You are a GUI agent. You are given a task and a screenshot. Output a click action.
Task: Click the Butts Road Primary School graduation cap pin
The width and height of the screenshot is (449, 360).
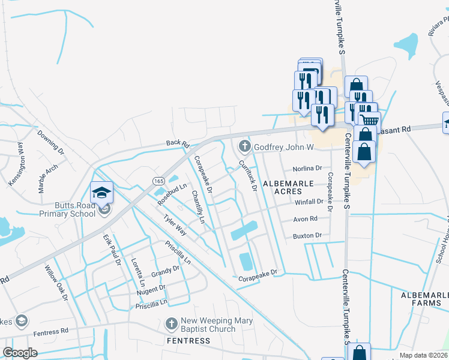point(102,193)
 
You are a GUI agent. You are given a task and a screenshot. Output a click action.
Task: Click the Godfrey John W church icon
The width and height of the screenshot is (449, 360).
point(244,146)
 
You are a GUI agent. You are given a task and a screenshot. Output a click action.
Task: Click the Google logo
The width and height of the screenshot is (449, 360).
point(20,353)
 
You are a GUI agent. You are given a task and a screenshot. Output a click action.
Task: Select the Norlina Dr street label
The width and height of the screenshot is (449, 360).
point(307,169)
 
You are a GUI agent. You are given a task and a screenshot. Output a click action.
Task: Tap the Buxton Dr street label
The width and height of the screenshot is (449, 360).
point(307,236)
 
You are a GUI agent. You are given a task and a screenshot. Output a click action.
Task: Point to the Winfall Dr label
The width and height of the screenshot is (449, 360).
point(309,202)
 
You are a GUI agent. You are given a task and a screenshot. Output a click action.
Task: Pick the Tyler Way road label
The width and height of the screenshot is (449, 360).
point(175,226)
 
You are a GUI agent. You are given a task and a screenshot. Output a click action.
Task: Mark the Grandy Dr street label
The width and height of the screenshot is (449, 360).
point(165,272)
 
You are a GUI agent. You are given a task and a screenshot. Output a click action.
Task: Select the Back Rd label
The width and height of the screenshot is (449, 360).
point(178,144)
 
